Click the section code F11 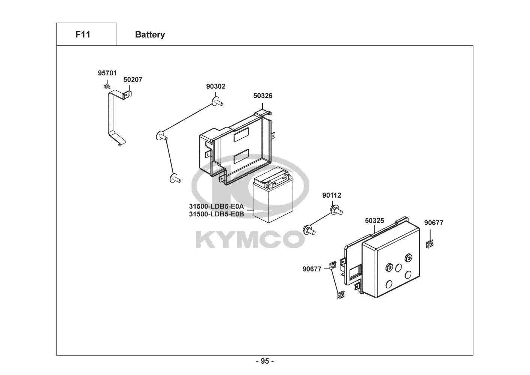83,34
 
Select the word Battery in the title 150,34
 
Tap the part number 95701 107,73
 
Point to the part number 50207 133,79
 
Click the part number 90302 216,86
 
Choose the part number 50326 263,96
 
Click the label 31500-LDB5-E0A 216,207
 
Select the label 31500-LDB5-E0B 216,214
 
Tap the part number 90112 332,195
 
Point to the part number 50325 375,221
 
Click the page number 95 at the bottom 265,361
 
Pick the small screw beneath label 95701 107,87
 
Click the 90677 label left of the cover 312,268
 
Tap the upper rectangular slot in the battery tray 241,135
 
